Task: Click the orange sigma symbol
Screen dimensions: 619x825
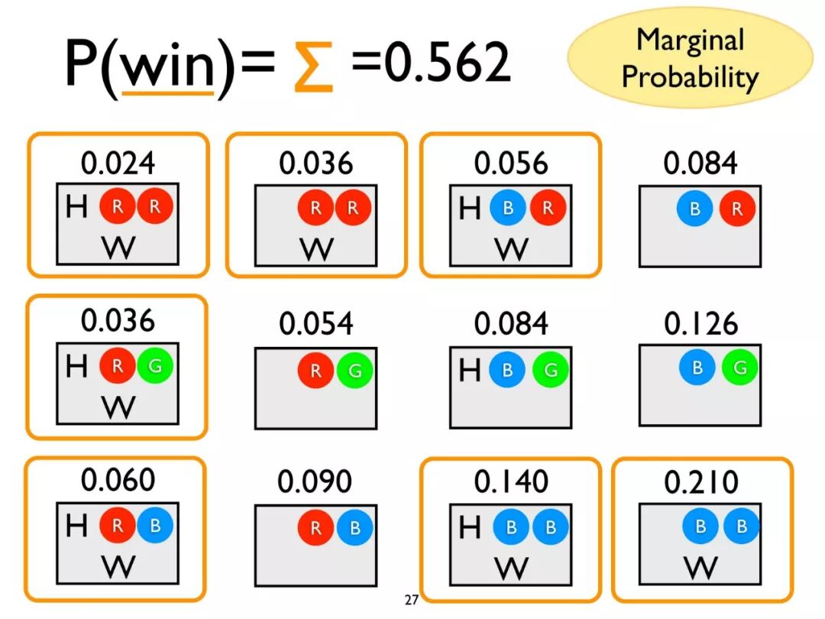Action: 313,66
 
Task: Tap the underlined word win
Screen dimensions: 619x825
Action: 169,66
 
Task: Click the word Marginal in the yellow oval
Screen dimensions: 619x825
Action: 690,40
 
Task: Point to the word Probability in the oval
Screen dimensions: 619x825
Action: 690,76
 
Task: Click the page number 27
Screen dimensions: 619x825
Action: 412,600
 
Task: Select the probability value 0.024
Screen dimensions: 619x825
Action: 118,163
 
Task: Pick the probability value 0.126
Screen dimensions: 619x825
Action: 700,324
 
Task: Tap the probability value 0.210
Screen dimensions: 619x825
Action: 701,482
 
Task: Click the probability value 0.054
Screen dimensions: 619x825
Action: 316,324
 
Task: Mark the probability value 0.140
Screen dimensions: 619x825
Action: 510,482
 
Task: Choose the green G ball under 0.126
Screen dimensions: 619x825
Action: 739,368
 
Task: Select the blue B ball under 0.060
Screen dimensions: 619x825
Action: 155,525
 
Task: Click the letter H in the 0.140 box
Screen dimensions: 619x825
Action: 470,527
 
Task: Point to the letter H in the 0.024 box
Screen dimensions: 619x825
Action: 77,206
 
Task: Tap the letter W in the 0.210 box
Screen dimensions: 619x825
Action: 700,567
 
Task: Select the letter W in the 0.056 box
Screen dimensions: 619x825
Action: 511,249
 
